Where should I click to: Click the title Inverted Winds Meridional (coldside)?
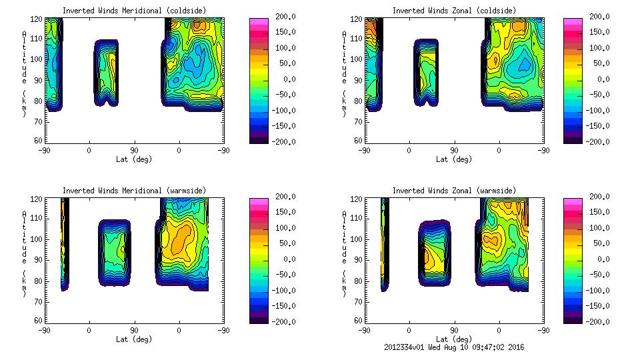coord(134,11)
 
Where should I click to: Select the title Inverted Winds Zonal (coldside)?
coord(454,11)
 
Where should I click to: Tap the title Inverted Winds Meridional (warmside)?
coord(134,191)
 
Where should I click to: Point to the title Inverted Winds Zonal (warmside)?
coord(454,191)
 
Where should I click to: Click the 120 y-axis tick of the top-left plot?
coord(39,19)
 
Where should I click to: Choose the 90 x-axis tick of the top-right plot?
coord(454,150)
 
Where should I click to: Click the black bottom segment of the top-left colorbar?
coord(259,138)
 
